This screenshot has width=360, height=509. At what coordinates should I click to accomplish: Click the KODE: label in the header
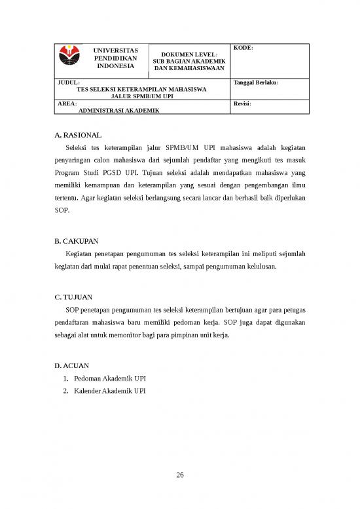point(243,48)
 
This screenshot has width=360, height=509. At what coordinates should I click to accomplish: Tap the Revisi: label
point(242,104)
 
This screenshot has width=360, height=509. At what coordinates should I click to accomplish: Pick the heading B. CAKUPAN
point(77,240)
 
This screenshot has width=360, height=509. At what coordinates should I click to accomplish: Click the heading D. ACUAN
point(73,365)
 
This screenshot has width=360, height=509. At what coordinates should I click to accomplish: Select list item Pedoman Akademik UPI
point(110,379)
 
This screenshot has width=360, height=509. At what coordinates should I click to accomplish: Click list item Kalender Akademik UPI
point(110,392)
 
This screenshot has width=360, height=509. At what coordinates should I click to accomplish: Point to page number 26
point(180,475)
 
